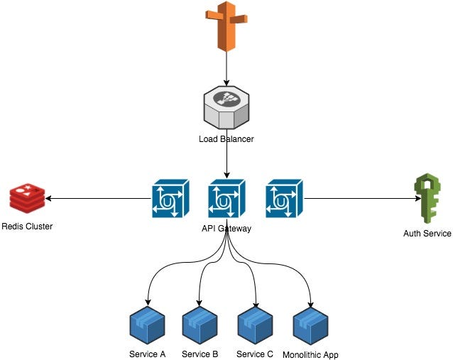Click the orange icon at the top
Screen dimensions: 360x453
point(226,27)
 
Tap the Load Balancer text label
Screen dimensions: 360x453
point(226,139)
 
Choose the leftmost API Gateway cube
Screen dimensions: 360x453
point(170,198)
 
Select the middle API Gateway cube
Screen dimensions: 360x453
point(226,198)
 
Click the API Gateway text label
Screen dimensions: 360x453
point(226,229)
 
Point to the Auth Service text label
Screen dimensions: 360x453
point(427,233)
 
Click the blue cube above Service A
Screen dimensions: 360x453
point(148,324)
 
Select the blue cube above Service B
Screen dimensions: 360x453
point(200,324)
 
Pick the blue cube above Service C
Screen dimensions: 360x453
point(255,324)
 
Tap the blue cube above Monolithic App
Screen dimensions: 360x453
point(310,324)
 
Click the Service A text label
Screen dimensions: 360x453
point(148,354)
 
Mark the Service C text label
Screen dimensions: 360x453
point(255,354)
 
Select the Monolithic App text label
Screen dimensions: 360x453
point(310,354)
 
